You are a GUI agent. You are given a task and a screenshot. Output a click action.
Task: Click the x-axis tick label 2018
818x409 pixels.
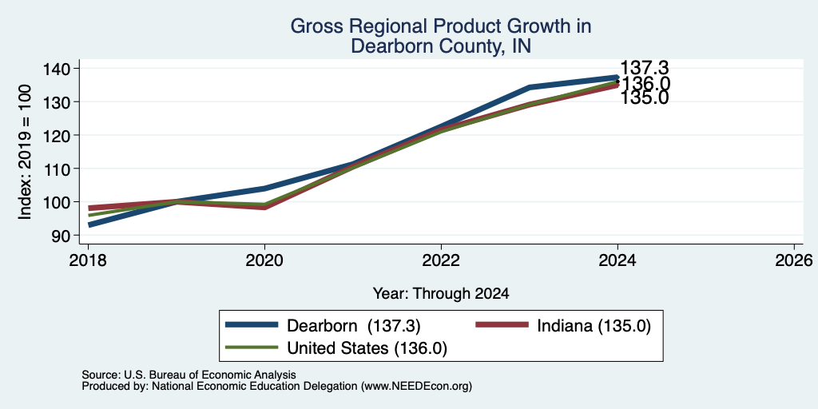pyautogui.click(x=88, y=260)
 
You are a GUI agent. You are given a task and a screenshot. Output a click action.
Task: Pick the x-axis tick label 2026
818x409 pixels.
pyautogui.click(x=794, y=260)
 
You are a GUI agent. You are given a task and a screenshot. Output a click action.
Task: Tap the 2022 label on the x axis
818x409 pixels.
pyautogui.click(x=441, y=260)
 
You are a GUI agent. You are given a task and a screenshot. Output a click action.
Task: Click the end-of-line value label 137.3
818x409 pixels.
pyautogui.click(x=645, y=68)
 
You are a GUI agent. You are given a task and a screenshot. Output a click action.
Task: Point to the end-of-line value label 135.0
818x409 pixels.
pyautogui.click(x=645, y=98)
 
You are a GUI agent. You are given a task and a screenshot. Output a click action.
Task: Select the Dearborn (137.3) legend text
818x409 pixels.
pyautogui.click(x=354, y=326)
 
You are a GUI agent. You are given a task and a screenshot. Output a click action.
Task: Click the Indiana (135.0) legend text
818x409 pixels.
pyautogui.click(x=594, y=326)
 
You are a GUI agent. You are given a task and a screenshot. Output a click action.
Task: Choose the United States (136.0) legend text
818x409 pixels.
pyautogui.click(x=367, y=348)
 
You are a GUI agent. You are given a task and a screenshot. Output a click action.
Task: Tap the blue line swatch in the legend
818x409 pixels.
pyautogui.click(x=252, y=325)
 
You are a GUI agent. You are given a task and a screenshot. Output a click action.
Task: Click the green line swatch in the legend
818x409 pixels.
pyautogui.click(x=252, y=347)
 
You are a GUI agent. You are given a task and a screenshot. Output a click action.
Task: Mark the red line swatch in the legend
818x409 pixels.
pyautogui.click(x=502, y=325)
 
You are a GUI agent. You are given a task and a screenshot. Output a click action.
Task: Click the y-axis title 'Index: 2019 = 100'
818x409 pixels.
pyautogui.click(x=25, y=152)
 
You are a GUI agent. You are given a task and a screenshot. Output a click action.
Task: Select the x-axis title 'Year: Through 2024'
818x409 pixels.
pyautogui.click(x=441, y=294)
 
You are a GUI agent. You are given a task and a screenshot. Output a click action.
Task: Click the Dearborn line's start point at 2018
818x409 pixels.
pyautogui.click(x=89, y=224)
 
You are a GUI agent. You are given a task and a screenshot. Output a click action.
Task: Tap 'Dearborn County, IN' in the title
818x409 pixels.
pyautogui.click(x=441, y=46)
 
